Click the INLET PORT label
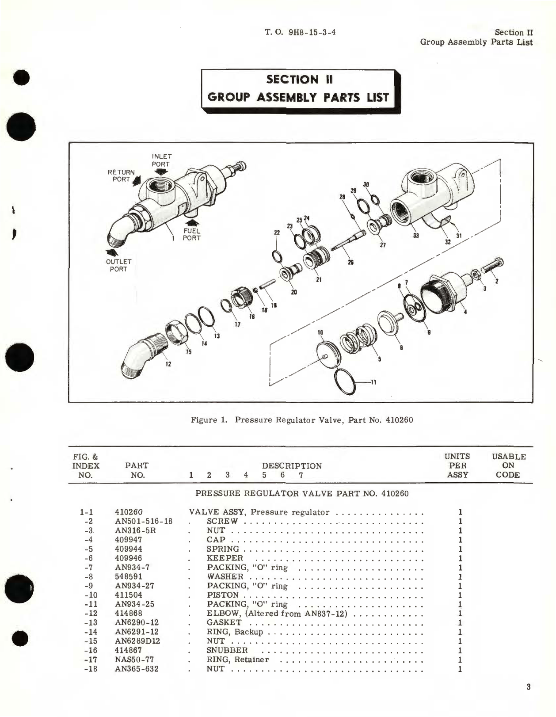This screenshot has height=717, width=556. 161,160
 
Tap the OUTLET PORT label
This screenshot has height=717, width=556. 118,265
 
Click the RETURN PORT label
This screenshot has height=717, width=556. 121,175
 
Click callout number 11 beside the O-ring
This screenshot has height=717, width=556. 373,382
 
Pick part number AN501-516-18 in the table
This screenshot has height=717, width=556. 144,521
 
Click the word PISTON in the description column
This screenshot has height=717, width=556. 223,595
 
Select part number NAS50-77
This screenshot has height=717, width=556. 134,660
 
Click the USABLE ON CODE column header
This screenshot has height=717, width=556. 508,465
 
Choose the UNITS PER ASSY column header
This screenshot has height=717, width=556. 457,465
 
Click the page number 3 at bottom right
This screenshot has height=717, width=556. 529,687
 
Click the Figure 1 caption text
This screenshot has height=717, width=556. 301,420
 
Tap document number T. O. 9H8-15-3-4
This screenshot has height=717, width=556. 300,32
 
